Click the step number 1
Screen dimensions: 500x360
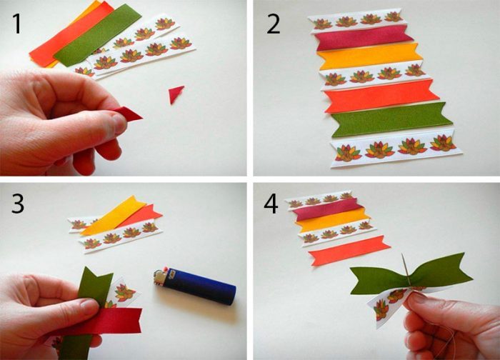click(17, 24)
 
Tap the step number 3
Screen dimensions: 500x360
click(18, 204)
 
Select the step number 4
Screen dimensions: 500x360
click(271, 204)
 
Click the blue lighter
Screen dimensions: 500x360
click(195, 286)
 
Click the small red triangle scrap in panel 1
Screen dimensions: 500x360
click(176, 94)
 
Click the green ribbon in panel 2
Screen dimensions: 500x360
click(391, 120)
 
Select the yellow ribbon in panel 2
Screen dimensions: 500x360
click(370, 56)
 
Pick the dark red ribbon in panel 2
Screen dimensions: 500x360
click(364, 39)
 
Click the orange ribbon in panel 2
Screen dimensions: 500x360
click(381, 96)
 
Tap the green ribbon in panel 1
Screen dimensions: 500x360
click(97, 35)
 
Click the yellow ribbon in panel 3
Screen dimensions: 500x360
click(112, 216)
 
